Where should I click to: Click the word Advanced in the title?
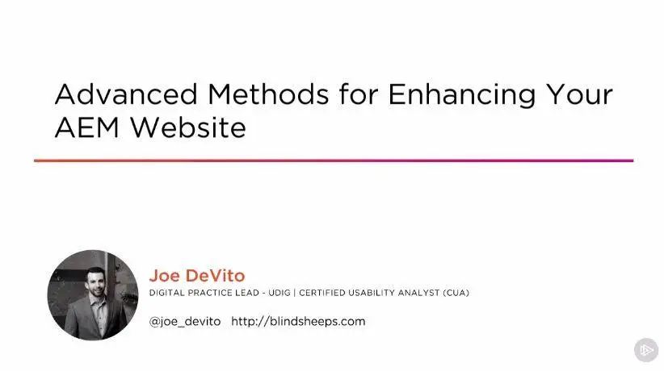(126, 94)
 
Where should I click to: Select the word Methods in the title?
(268, 94)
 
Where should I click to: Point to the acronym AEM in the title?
(86, 127)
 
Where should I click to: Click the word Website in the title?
(188, 127)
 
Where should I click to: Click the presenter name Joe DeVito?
(197, 276)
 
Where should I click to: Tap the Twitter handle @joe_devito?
(185, 322)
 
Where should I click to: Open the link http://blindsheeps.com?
(298, 322)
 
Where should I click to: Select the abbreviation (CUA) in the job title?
(456, 293)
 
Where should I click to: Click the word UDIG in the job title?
(279, 293)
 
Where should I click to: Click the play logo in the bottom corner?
(646, 350)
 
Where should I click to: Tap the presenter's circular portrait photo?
(93, 295)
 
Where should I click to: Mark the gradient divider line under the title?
(334, 160)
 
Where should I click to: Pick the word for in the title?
(359, 94)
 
